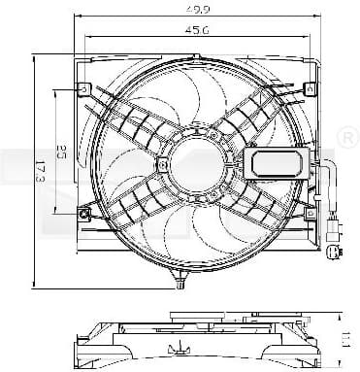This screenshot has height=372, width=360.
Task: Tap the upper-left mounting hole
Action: pos(85,89)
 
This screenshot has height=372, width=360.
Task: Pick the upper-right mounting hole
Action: pos(310,89)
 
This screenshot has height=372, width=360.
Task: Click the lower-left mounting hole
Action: pos(87,210)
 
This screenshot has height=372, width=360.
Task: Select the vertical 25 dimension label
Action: pos(61,151)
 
